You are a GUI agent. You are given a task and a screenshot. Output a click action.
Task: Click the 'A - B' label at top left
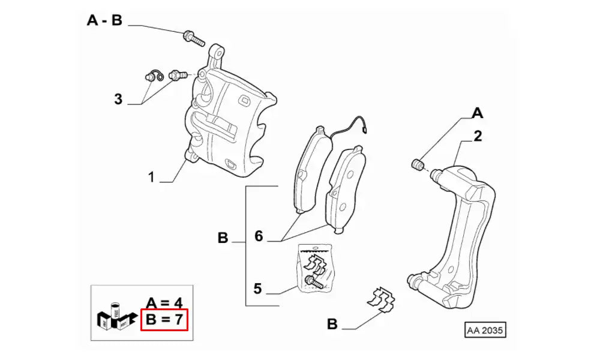(104, 21)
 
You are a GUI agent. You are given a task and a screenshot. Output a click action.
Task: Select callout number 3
(118, 98)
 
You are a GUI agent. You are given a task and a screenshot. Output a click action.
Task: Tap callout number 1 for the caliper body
(152, 177)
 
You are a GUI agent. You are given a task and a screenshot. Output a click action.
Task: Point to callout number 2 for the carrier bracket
(478, 136)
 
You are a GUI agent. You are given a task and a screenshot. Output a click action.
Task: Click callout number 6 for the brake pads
(259, 236)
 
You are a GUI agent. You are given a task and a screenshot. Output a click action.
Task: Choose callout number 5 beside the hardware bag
(257, 289)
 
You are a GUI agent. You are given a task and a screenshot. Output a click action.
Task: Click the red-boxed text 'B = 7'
(164, 320)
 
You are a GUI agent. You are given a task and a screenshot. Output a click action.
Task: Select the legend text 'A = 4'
(164, 301)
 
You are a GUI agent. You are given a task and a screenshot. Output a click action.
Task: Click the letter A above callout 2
(477, 112)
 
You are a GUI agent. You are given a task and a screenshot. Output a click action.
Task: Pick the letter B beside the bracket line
(223, 239)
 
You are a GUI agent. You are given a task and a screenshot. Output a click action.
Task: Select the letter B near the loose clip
(332, 325)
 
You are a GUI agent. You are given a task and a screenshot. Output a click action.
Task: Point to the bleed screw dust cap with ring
(154, 76)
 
